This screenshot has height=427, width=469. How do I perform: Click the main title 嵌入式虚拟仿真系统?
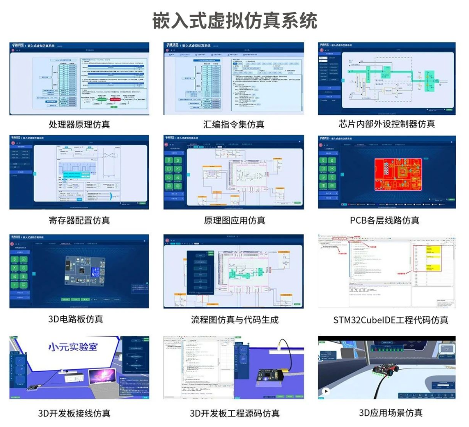coord(235,21)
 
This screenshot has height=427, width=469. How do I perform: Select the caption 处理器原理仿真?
coord(79,124)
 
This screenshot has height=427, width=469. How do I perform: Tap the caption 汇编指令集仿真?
coord(234,124)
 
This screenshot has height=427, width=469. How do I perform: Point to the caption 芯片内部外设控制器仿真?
coord(387,124)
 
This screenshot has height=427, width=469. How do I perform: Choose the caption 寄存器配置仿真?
coord(79,220)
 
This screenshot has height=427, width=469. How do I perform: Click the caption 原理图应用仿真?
coord(234,221)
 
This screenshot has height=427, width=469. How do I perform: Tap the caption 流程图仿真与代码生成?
coord(234,319)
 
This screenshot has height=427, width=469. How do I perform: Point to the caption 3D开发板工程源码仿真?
coord(234,413)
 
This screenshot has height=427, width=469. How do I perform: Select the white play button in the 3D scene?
coord(326,392)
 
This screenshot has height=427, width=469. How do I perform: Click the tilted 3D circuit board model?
coord(82,271)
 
